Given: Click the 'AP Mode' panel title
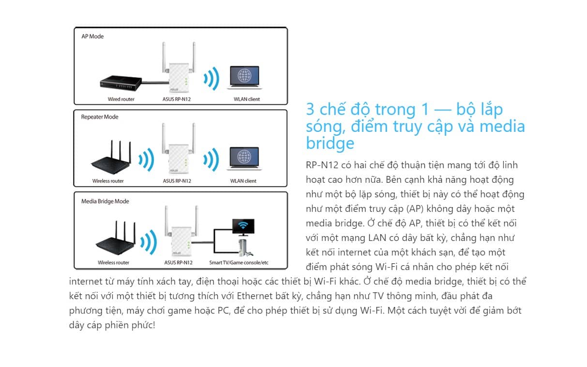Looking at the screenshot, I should coord(93,36).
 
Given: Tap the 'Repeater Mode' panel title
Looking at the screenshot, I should coord(100,117).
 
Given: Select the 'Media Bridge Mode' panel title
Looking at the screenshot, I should coord(105,201).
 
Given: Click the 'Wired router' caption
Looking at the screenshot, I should coord(121,99).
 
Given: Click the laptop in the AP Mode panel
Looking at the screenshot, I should coord(244,78).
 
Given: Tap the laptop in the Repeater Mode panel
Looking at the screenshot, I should coord(244,158).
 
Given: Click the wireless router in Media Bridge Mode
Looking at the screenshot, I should coord(115,241).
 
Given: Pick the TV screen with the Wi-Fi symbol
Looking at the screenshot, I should coord(243,226).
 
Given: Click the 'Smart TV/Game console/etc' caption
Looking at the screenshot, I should coord(239,262).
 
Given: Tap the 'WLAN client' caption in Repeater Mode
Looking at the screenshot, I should coord(243,181).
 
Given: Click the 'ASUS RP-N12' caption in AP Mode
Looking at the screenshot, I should coord(177,99).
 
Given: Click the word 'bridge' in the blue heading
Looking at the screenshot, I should coord(330,143).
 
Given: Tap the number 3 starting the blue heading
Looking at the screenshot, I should coord(310,109).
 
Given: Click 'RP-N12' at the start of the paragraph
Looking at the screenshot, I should coord(320,165).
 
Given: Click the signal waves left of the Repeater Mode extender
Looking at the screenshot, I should coord(146,160).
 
